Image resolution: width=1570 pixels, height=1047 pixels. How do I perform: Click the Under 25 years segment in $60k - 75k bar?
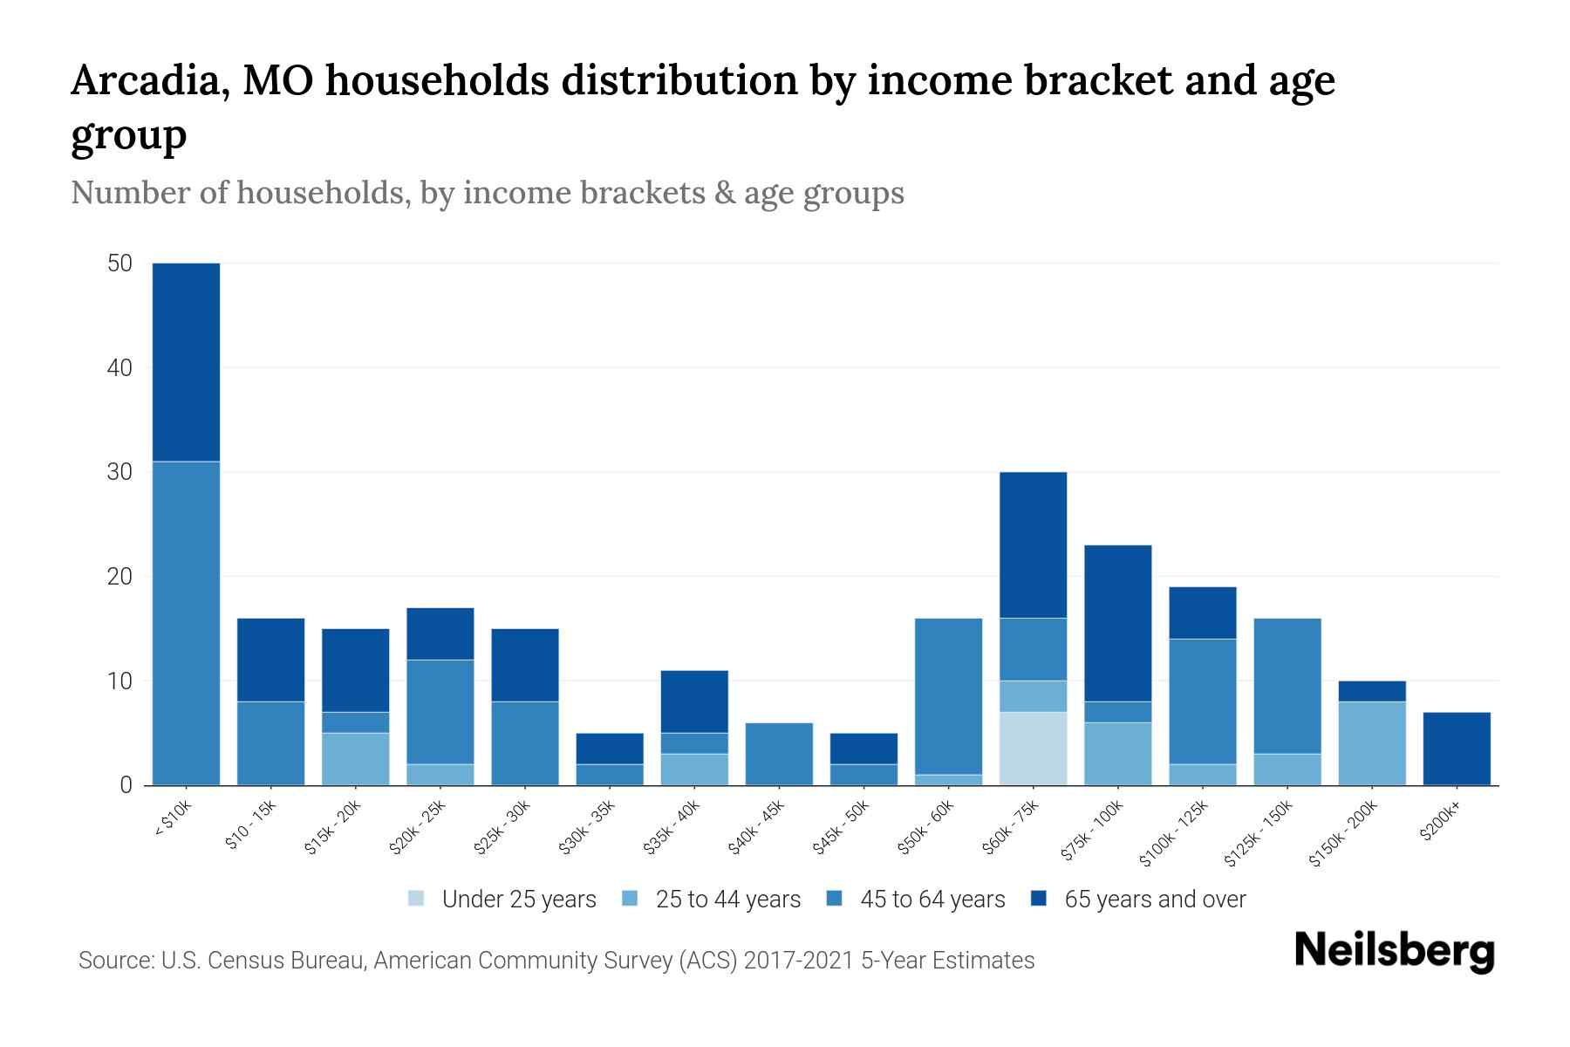1033,749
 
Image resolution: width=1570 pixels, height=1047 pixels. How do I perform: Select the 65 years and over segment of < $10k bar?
186,362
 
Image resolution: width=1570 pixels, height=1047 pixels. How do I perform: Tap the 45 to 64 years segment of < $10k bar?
186,623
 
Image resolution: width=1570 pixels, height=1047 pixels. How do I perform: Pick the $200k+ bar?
1457,749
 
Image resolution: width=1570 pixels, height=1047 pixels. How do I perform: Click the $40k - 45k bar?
779,754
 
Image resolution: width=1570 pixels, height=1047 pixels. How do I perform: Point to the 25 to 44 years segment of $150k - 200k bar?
1372,743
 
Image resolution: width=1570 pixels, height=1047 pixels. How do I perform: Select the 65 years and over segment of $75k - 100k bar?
1117,623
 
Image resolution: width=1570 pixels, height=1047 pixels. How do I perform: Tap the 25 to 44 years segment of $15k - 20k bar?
355,759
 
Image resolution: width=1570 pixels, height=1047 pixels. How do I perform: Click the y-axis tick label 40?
119,368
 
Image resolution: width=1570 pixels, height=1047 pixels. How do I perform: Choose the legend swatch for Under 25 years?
417,899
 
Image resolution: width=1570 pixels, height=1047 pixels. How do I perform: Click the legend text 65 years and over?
1155,900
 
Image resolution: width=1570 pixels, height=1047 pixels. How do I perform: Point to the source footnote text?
556,961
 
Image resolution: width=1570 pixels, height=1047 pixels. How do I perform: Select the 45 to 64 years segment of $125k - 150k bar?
1287,686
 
